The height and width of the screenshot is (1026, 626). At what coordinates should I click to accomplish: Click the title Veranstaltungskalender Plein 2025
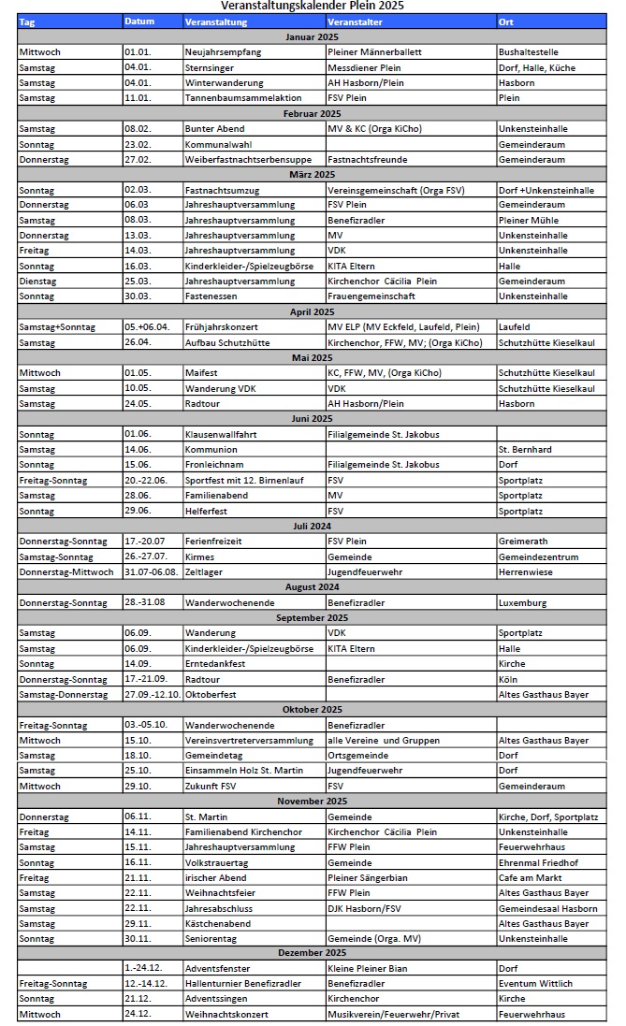click(x=313, y=6)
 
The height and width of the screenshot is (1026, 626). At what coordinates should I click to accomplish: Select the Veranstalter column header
click(x=356, y=21)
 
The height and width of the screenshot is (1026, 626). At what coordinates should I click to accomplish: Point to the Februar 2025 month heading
click(x=313, y=113)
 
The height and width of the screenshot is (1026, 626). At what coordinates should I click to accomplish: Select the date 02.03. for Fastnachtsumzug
click(x=138, y=190)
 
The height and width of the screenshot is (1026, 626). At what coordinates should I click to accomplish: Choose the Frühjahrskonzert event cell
click(x=221, y=327)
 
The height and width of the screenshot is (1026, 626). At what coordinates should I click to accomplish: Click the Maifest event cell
click(x=202, y=372)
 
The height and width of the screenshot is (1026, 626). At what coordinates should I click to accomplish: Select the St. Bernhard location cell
click(x=525, y=450)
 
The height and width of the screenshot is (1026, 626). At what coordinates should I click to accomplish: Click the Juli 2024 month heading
click(x=313, y=527)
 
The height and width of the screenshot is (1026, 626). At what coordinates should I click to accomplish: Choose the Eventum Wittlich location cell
click(x=535, y=984)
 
